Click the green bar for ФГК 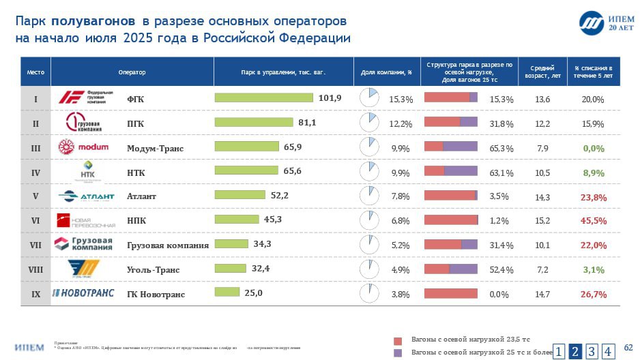pyautogui.click(x=264, y=97)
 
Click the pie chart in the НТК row pyautogui.click(x=368, y=170)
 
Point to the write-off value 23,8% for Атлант pyautogui.click(x=593, y=197)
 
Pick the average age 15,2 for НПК pyautogui.click(x=542, y=221)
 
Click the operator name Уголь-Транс pyautogui.click(x=153, y=270)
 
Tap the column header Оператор pyautogui.click(x=132, y=72)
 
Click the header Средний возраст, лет pyautogui.click(x=542, y=72)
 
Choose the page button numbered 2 pyautogui.click(x=575, y=351)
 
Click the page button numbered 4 pyautogui.click(x=608, y=351)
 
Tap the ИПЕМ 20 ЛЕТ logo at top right pyautogui.click(x=601, y=23)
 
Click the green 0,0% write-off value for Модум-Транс pyautogui.click(x=593, y=149)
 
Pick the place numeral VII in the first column pyautogui.click(x=35, y=245)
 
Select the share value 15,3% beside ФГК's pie pyautogui.click(x=401, y=100)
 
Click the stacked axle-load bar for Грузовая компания pyautogui.click(x=450, y=244)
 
